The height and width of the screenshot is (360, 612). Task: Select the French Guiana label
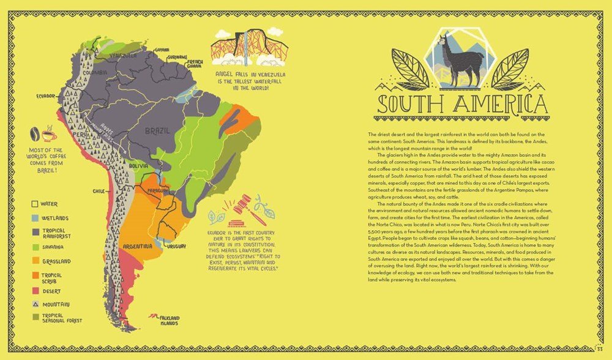(195, 64)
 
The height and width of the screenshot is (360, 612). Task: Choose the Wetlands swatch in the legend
(35, 217)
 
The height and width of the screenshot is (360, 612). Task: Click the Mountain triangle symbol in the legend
(35, 304)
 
